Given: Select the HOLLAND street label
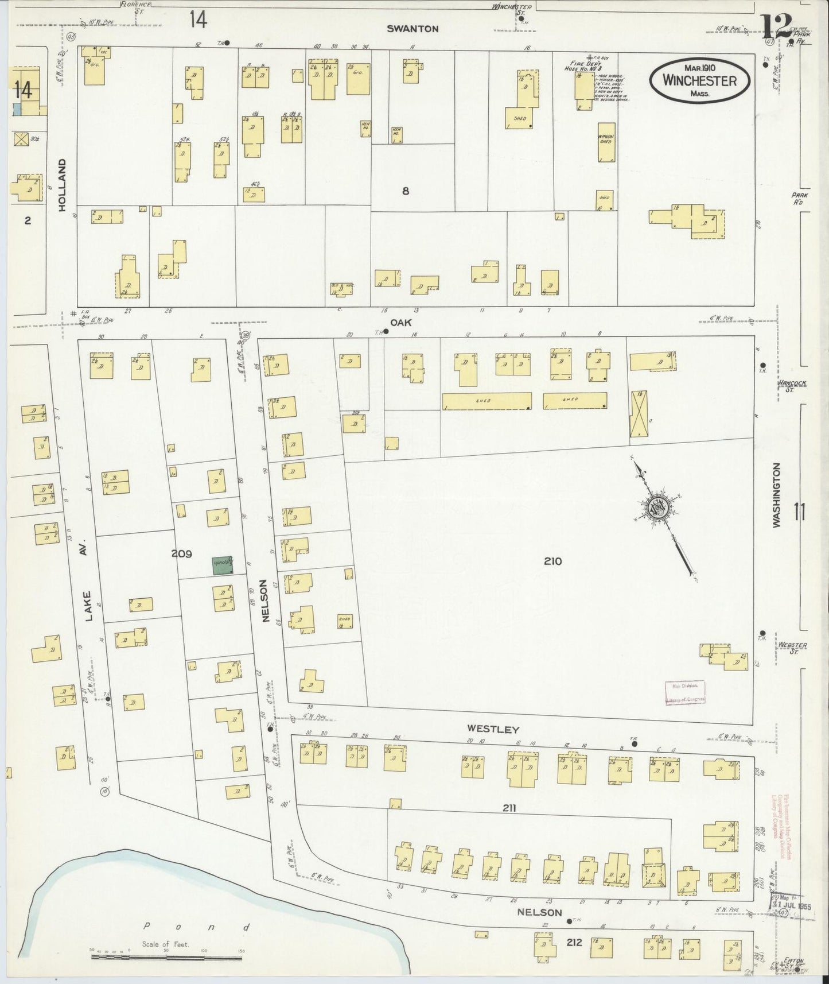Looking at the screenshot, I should pyautogui.click(x=63, y=185).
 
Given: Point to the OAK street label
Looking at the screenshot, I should pyautogui.click(x=400, y=323).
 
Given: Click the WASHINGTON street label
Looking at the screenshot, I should pyautogui.click(x=777, y=495).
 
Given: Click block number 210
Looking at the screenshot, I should pyautogui.click(x=552, y=561).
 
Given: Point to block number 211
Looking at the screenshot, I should pyautogui.click(x=509, y=808).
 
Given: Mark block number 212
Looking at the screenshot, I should pyautogui.click(x=574, y=942).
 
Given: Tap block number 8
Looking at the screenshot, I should pyautogui.click(x=406, y=191).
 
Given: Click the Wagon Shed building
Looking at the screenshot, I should pyautogui.click(x=606, y=141).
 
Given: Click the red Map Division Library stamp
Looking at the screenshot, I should pyautogui.click(x=684, y=692).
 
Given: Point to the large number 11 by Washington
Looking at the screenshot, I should pyautogui.click(x=800, y=512).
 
